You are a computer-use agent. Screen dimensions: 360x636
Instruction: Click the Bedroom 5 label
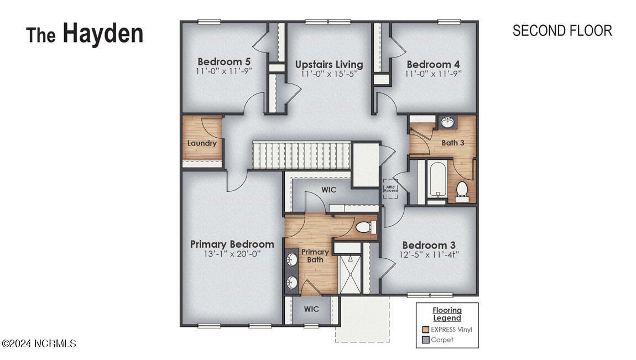point(220,61)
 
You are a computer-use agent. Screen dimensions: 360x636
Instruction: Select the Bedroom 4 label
point(433,64)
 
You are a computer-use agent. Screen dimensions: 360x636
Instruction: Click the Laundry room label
point(202,143)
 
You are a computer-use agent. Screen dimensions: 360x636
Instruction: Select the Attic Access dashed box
point(390,189)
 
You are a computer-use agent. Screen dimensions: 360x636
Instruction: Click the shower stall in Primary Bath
point(350,274)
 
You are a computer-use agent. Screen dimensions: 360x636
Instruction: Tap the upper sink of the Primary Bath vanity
point(291,258)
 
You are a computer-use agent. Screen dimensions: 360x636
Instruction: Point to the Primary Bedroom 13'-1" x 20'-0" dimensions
point(232,254)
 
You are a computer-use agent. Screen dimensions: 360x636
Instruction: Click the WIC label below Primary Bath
point(311,309)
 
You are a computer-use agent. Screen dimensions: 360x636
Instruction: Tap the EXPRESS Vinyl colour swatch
point(425,330)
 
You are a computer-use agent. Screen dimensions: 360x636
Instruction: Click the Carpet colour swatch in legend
point(425,340)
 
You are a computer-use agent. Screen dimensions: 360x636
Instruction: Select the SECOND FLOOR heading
point(562,31)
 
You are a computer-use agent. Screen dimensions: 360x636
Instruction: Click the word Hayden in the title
point(102,34)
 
